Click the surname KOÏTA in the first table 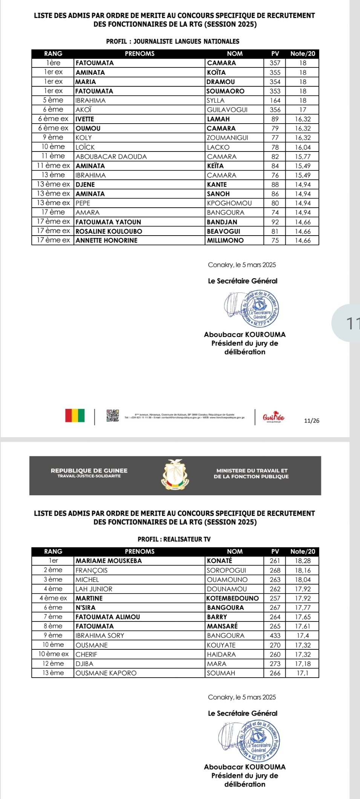(216, 72)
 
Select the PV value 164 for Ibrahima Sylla (275, 100)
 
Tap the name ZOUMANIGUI (228, 138)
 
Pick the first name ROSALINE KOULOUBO (109, 231)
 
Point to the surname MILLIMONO (225, 240)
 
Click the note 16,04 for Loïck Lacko (303, 147)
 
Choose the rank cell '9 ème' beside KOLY (53, 138)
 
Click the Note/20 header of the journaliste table (303, 54)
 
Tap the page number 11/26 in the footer (311, 421)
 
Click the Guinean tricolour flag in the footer (75, 415)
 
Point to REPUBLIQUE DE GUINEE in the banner (89, 471)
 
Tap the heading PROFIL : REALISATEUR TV (174, 539)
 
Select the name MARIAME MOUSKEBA (109, 561)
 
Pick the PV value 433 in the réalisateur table (275, 635)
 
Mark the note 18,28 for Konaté (303, 561)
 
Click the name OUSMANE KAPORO (106, 673)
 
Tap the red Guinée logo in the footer (273, 417)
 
